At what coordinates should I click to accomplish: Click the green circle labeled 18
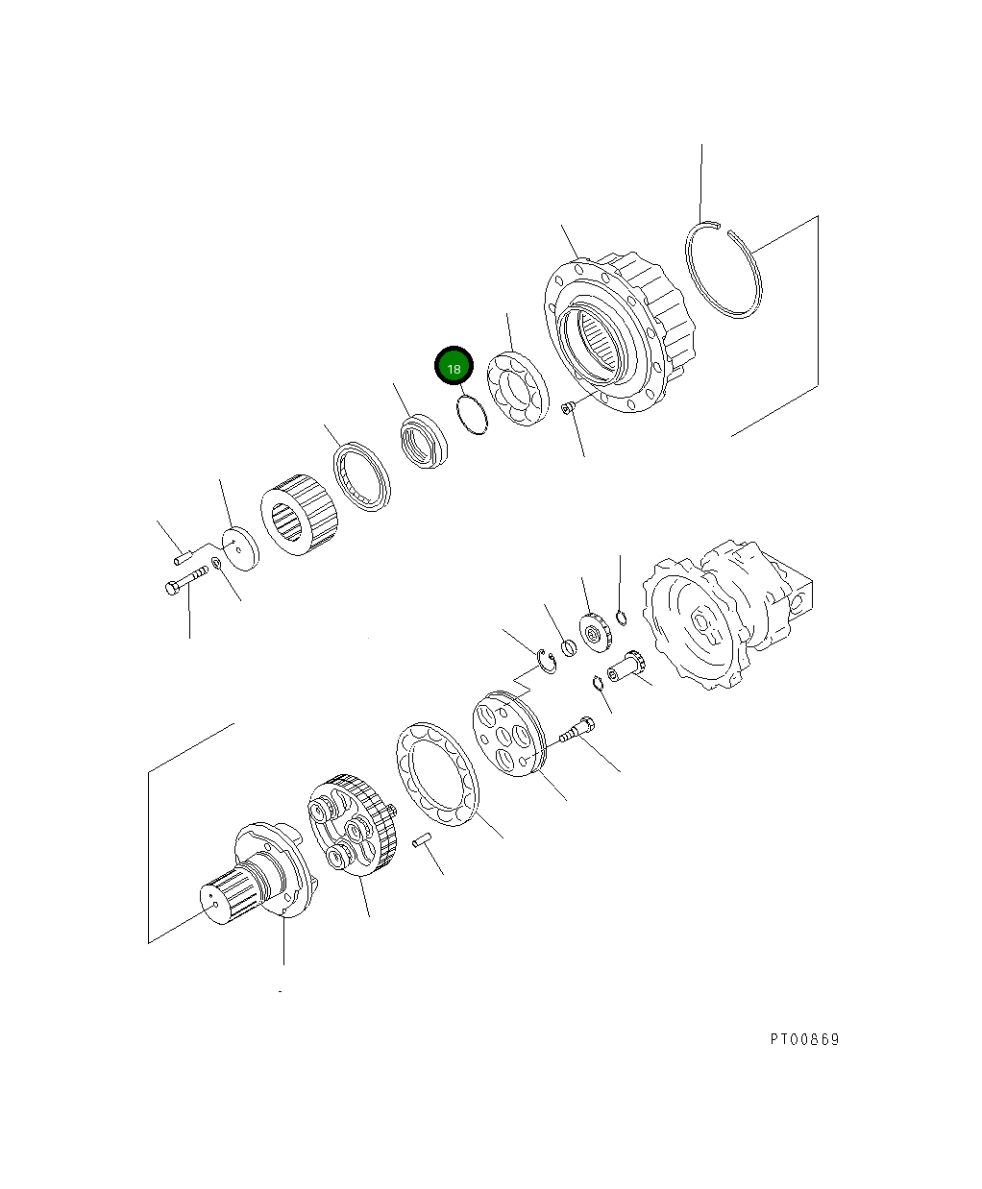[x=454, y=366]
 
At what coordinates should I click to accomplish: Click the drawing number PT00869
[x=803, y=1040]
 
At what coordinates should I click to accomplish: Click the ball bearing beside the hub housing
[x=516, y=392]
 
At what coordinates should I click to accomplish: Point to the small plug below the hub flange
[x=567, y=410]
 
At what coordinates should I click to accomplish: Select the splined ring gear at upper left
[x=299, y=513]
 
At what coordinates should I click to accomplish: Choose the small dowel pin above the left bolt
[x=184, y=556]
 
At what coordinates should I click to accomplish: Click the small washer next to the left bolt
[x=217, y=563]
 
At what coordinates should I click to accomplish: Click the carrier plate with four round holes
[x=507, y=734]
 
